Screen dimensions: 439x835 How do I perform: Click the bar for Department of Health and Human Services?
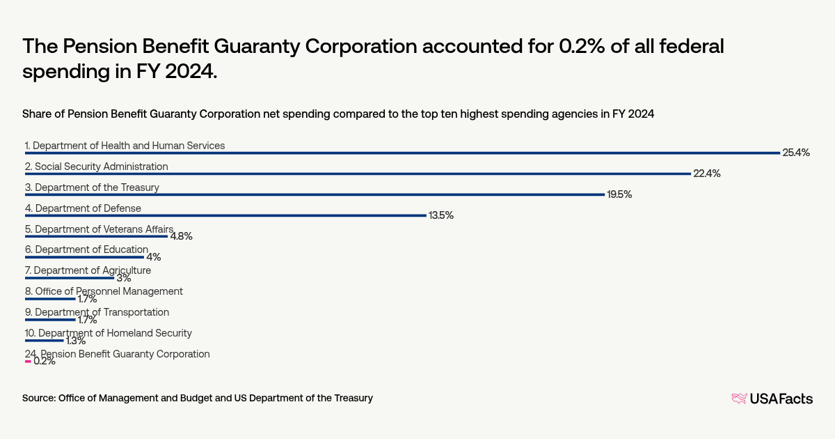(x=402, y=153)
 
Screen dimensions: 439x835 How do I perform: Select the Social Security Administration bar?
(x=358, y=174)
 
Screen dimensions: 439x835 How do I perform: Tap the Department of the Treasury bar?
(x=315, y=194)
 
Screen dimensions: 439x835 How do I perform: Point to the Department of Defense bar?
(x=225, y=215)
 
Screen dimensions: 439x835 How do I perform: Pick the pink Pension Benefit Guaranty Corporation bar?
(x=28, y=362)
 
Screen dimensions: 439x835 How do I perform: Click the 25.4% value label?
(x=796, y=153)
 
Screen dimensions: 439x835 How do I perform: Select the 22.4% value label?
(x=706, y=174)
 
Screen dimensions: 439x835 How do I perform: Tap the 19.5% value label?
(x=619, y=194)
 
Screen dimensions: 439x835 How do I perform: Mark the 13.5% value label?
(x=441, y=215)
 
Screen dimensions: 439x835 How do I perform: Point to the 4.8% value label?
(x=181, y=236)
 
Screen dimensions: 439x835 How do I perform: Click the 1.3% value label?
(x=75, y=341)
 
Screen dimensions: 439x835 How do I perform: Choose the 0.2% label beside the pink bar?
(x=45, y=361)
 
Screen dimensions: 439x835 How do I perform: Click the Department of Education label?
(x=91, y=249)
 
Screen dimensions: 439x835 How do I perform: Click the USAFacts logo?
(x=772, y=399)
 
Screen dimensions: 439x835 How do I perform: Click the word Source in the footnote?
(x=39, y=398)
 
